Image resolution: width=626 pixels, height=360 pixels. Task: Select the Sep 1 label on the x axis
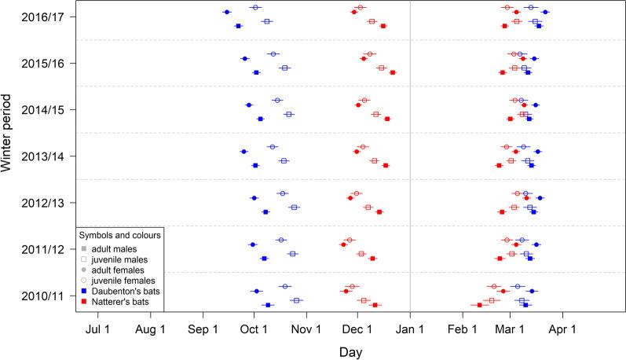[x=203, y=327]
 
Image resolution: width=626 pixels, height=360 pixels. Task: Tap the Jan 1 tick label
[x=410, y=327]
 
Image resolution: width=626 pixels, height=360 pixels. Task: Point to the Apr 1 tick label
[x=563, y=327]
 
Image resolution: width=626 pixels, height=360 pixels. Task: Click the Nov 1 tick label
[x=307, y=327]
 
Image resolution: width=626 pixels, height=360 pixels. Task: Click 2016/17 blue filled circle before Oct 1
[x=226, y=12]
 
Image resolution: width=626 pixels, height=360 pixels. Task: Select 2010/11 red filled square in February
[x=479, y=305]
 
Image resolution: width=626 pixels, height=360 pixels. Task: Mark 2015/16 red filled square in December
[x=393, y=72]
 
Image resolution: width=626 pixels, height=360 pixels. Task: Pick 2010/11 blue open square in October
[x=296, y=300]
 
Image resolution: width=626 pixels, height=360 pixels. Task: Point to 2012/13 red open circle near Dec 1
[x=356, y=193]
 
